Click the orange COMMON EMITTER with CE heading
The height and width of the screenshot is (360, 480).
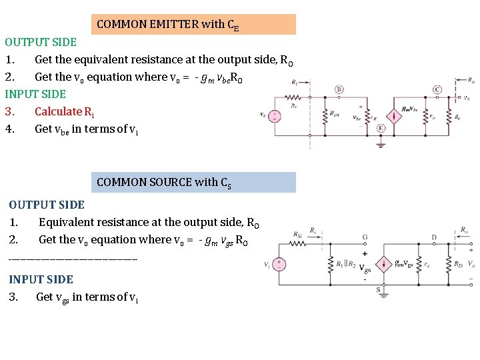click(x=193, y=25)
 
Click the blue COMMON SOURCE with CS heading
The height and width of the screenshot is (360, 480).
click(x=193, y=183)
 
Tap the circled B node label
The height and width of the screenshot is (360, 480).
click(x=339, y=89)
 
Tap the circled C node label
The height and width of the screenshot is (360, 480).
click(x=437, y=89)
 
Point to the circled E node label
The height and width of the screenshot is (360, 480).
click(x=381, y=128)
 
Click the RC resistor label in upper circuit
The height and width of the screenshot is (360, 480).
click(x=457, y=117)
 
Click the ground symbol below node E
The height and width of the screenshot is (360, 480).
click(x=381, y=143)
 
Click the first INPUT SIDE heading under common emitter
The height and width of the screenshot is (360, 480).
click(x=35, y=94)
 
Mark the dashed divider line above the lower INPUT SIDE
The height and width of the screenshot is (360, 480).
click(x=73, y=258)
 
